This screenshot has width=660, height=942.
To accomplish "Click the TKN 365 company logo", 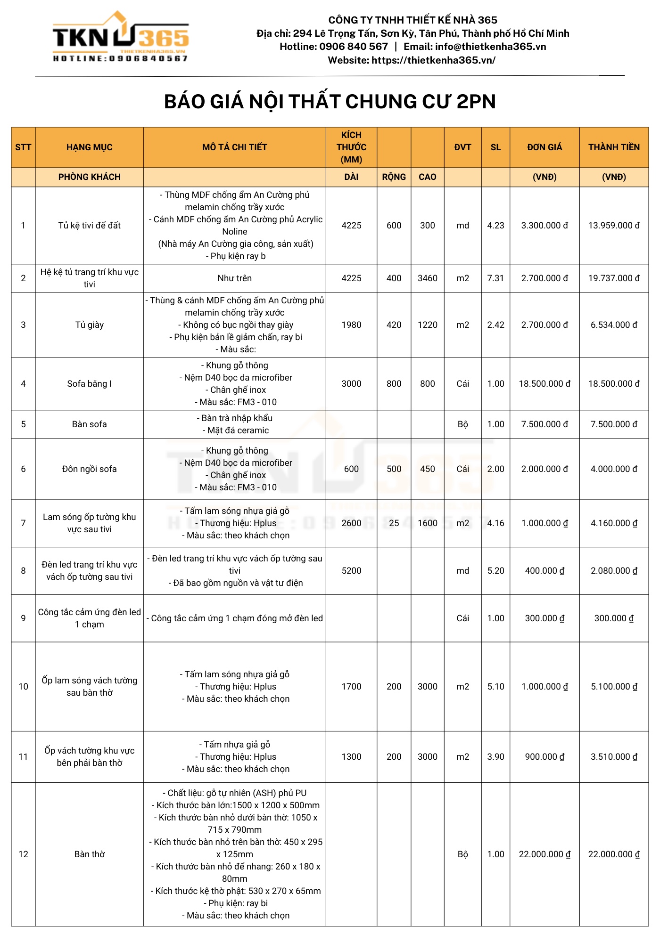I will pyautogui.click(x=121, y=37).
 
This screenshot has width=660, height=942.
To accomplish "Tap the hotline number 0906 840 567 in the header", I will pyautogui.click(x=353, y=47).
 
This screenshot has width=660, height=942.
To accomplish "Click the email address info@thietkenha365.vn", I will pyautogui.click(x=490, y=47).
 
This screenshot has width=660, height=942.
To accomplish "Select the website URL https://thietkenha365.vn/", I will pyautogui.click(x=433, y=60).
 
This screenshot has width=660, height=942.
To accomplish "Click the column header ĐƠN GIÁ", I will pyautogui.click(x=544, y=147).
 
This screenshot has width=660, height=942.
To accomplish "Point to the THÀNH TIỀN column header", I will pyautogui.click(x=614, y=147).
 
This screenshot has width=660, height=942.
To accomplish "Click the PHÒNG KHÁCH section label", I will pyautogui.click(x=90, y=177).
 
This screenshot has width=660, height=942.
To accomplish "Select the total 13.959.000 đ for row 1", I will pyautogui.click(x=614, y=226).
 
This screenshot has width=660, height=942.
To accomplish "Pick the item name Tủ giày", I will pyautogui.click(x=90, y=325).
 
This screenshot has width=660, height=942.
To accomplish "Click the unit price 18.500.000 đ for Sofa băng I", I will pyautogui.click(x=544, y=384).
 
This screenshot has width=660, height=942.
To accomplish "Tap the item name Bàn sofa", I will pyautogui.click(x=90, y=424).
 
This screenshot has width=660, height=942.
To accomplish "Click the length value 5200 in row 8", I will pyautogui.click(x=351, y=571).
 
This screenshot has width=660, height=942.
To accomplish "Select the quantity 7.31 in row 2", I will pyautogui.click(x=495, y=278).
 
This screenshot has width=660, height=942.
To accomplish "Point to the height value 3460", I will pyautogui.click(x=428, y=278).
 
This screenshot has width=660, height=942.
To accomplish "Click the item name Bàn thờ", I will pyautogui.click(x=90, y=854).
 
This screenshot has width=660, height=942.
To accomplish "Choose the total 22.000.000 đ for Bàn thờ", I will pyautogui.click(x=614, y=854).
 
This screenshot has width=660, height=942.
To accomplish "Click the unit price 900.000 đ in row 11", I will pyautogui.click(x=544, y=757).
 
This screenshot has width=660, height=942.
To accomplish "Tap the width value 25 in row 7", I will pyautogui.click(x=394, y=523).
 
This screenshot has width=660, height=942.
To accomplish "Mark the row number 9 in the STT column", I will pyautogui.click(x=23, y=618).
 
